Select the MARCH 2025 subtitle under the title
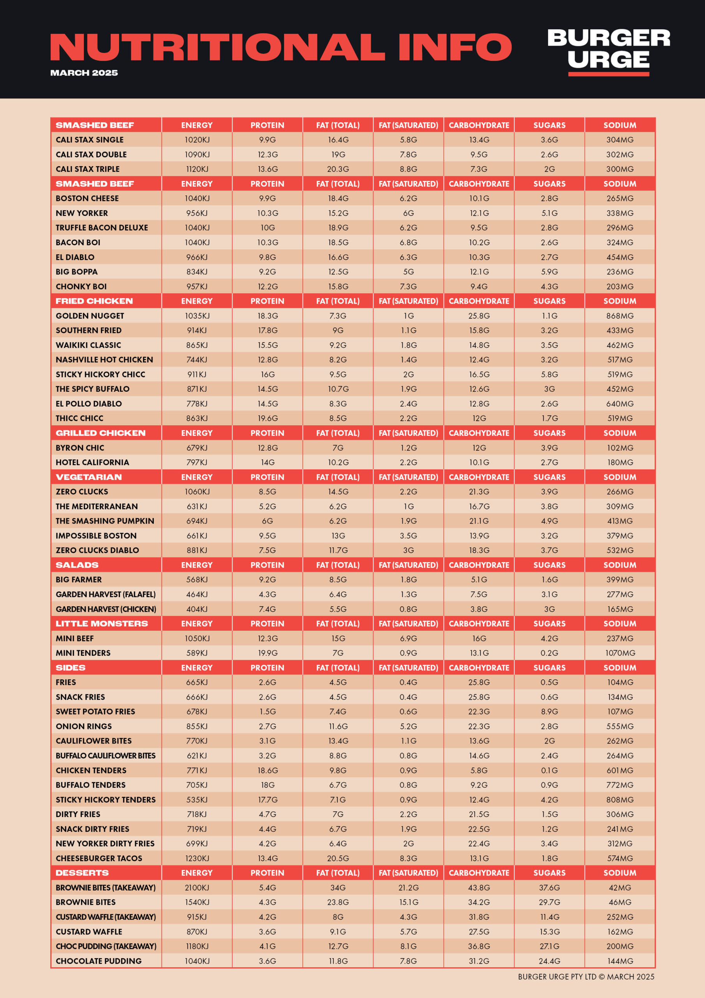[x=84, y=73]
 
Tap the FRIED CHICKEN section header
[x=94, y=301]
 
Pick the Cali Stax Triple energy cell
[x=197, y=169]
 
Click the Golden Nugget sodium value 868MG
[x=620, y=315]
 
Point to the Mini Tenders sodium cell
[x=620, y=653]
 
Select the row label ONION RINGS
[x=84, y=726]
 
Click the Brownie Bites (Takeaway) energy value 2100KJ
[x=197, y=888]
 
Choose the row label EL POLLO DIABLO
[x=89, y=404]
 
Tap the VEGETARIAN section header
[x=89, y=477]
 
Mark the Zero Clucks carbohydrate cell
[x=479, y=492]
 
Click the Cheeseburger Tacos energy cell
[x=197, y=858]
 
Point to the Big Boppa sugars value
[x=550, y=272]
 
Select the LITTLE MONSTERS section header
[x=102, y=623]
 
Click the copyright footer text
[x=586, y=977]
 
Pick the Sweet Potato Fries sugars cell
[x=550, y=711]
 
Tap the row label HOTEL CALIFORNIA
[x=92, y=462]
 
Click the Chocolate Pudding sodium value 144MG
[x=620, y=961]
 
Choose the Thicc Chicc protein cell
[x=268, y=418]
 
